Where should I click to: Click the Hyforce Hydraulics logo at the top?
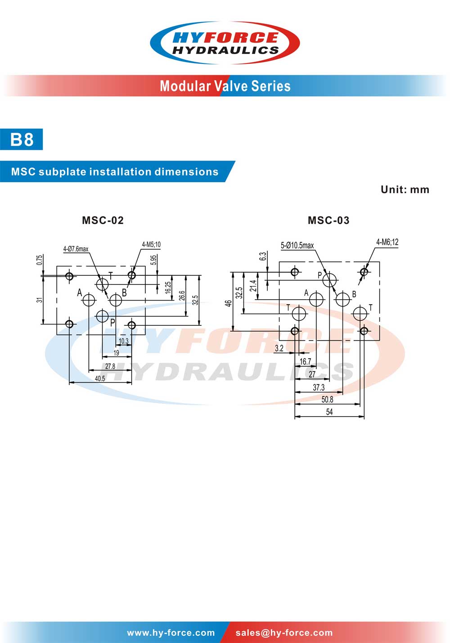point(225,43)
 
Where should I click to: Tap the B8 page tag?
point(22,139)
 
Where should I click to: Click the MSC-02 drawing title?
point(103,220)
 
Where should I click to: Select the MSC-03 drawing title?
point(328,220)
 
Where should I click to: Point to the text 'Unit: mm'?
point(405,189)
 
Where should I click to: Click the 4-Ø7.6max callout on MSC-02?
point(76,249)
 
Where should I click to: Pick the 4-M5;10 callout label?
point(151,245)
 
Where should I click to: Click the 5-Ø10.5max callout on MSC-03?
point(297,245)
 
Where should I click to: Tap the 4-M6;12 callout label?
point(387,242)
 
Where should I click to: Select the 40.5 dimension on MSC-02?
point(100,379)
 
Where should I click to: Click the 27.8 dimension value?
point(110,366)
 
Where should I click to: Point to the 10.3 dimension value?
point(124,341)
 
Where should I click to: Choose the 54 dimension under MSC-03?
point(329,412)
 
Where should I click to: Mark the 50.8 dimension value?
point(327,400)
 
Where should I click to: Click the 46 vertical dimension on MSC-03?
point(229,303)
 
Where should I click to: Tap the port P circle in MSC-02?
point(103,316)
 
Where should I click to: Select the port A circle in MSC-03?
point(316,299)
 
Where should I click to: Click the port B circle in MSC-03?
point(343,299)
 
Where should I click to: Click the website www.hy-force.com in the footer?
point(171,633)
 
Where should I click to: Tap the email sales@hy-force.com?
point(284,633)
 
